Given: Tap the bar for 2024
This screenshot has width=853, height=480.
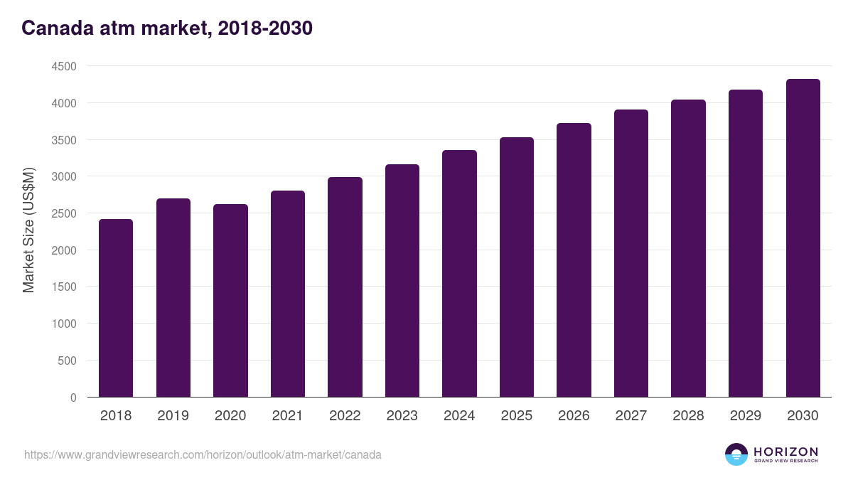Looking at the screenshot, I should tap(459, 274).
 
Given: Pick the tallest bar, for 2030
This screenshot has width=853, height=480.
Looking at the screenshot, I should tap(803, 238).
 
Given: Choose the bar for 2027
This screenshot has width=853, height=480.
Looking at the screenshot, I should tap(631, 253).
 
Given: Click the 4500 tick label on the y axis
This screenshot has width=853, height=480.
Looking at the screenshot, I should tap(63, 66).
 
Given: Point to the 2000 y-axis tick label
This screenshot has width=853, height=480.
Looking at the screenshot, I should tap(63, 250).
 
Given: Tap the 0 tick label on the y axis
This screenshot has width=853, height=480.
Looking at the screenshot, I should tap(73, 398).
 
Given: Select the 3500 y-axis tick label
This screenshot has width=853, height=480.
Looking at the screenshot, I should tap(63, 140).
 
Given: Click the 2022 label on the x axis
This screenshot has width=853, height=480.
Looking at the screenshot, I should tap(345, 416).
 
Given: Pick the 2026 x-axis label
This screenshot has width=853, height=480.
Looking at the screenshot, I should tap(574, 416).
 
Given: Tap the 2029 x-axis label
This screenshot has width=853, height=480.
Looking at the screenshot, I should tap(746, 416).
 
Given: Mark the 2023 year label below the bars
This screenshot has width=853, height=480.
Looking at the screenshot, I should tap(402, 416).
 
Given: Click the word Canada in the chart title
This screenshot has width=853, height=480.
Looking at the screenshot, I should tap(54, 28).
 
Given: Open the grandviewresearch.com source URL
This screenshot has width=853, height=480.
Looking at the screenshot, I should tap(203, 454).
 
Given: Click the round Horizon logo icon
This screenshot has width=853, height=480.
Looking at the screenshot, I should tap(736, 454).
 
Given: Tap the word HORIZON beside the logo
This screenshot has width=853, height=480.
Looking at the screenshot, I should tap(785, 452).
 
